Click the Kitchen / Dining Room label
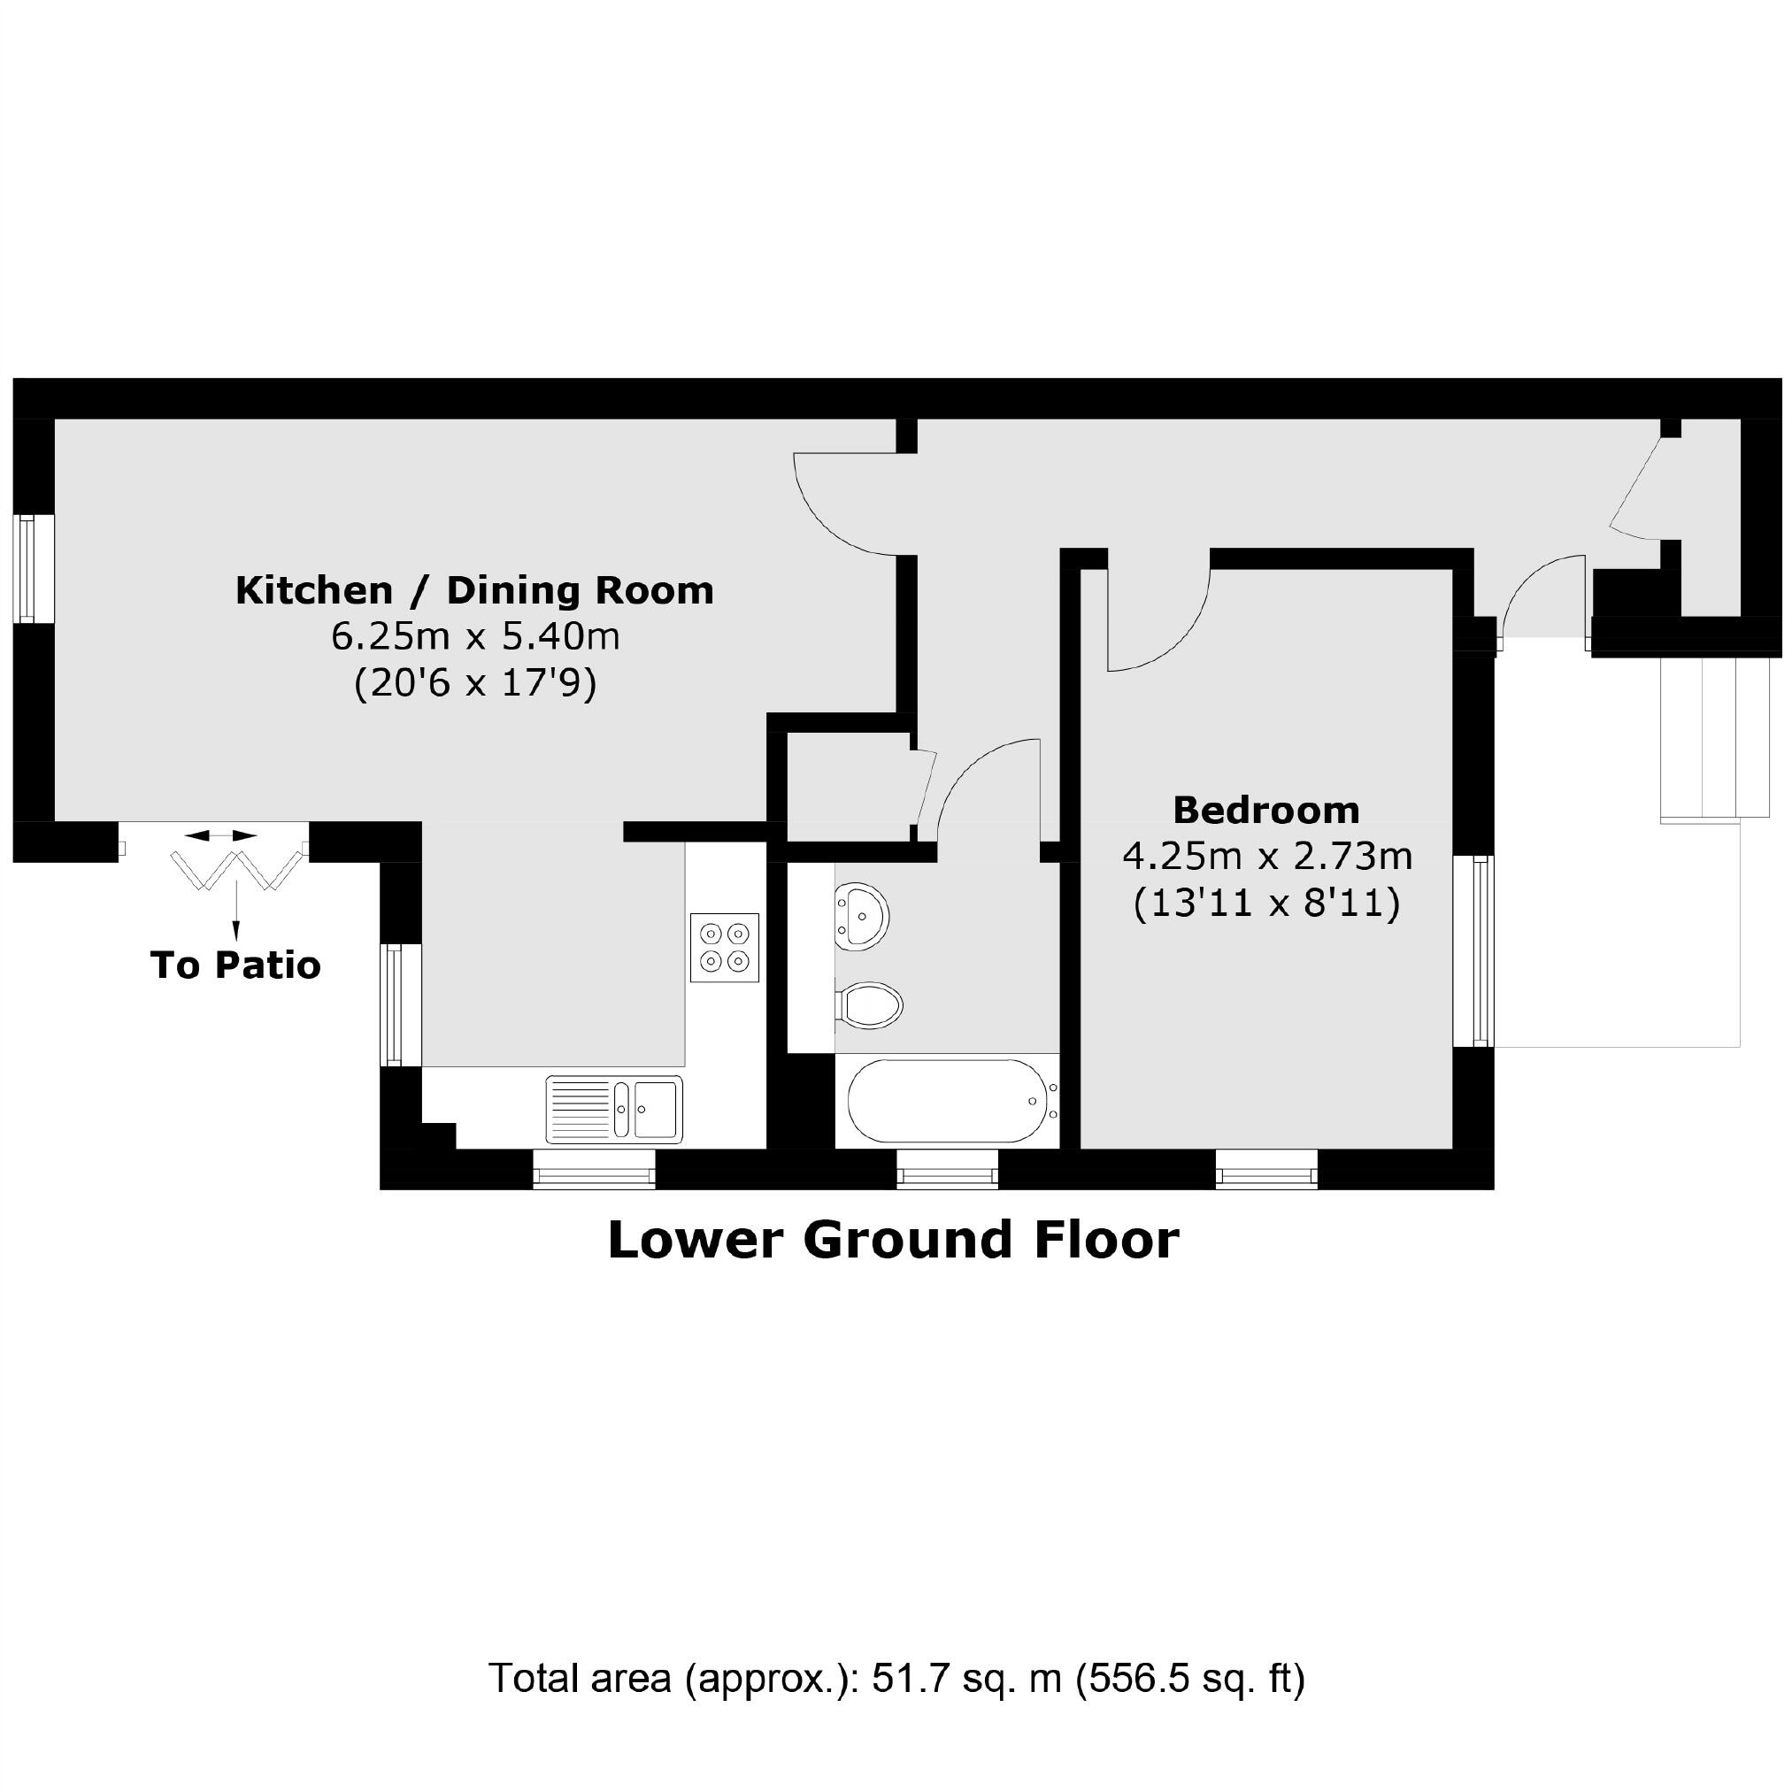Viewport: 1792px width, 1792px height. click(474, 591)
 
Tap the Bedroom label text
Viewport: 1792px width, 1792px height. click(1266, 811)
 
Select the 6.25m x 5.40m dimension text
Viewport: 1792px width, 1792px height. click(474, 637)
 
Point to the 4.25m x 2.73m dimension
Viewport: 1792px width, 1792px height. click(1267, 856)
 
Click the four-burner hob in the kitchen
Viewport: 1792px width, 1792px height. click(725, 947)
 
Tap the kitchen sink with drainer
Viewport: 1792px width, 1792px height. click(614, 1109)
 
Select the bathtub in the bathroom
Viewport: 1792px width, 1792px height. click(946, 1101)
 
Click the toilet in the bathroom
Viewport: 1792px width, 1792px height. click(870, 1004)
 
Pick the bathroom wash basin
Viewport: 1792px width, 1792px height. click(862, 917)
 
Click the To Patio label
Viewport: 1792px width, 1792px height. click(235, 965)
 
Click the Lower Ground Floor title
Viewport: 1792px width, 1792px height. click(893, 1239)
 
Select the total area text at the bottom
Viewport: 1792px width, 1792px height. click(896, 1679)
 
